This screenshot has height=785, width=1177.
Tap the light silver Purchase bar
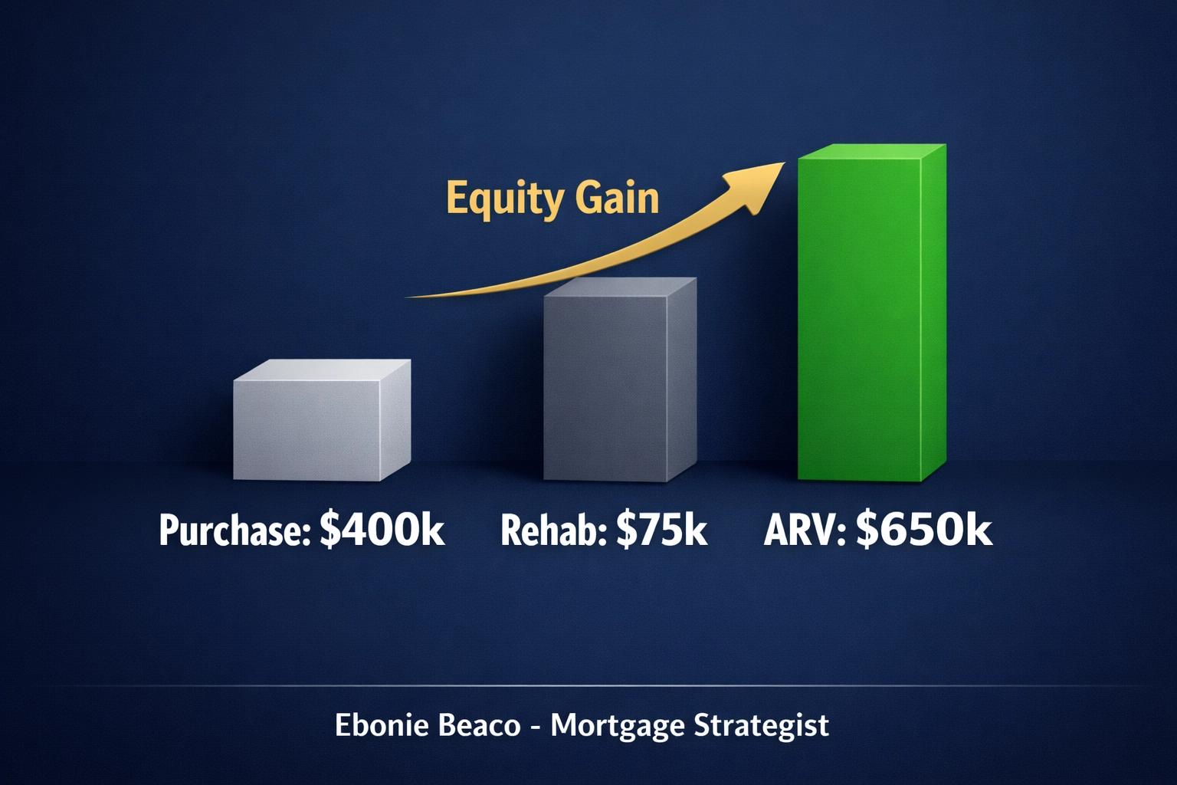pos(307,429)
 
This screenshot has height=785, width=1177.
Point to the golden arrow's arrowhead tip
pos(783,164)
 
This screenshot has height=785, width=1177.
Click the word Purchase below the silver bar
pos(234,530)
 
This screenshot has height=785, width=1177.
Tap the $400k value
pos(382,529)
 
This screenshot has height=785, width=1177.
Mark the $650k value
pos(924,529)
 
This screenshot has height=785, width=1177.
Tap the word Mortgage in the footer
pos(616,726)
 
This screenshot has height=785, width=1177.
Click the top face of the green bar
pos(872,151)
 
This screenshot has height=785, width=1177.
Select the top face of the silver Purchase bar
pos(322,370)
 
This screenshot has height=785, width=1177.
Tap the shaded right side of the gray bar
pos(681,379)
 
